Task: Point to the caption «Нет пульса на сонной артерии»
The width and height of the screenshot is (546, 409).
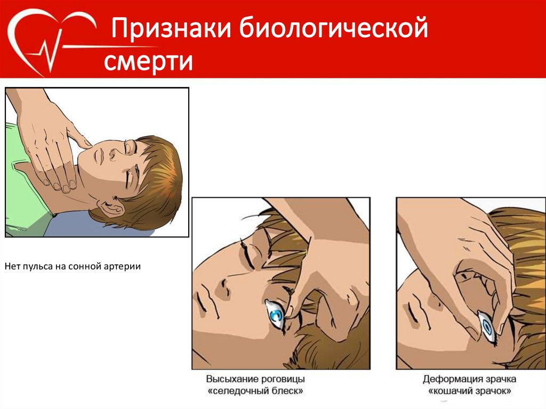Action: pos(73,267)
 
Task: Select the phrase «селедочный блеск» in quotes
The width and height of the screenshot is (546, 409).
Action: pos(255,391)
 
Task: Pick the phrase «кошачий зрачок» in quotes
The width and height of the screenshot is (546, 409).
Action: pos(469,391)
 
